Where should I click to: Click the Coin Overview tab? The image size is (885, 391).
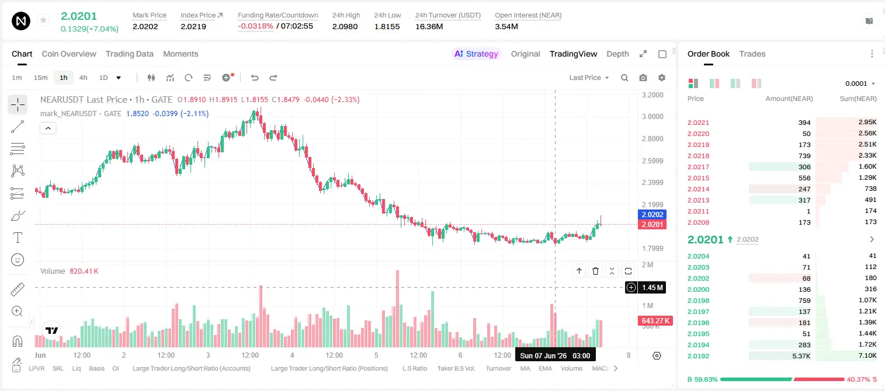69,54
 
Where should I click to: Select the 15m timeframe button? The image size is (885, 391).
40,78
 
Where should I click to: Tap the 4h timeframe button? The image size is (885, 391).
83,78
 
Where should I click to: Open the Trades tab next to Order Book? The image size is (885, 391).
752,54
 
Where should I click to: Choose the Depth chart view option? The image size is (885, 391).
617,54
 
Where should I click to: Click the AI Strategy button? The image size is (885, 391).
476,54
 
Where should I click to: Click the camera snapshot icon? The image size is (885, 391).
643,78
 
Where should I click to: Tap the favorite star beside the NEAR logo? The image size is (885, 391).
43,20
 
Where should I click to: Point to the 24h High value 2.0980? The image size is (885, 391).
345,26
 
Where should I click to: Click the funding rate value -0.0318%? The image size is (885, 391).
255,26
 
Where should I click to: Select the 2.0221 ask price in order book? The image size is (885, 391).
698,123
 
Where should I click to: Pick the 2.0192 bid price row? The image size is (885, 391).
698,356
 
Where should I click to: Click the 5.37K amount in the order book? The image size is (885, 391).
801,356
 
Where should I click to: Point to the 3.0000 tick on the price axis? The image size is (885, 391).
653,117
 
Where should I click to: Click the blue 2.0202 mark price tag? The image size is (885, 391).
653,215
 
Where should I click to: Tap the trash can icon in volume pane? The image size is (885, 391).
595,271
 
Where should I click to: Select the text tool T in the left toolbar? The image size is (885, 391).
18,238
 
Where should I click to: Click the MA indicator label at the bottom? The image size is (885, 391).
525,368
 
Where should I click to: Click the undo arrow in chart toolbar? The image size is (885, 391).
255,78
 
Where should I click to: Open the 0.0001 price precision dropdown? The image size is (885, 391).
860,83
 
